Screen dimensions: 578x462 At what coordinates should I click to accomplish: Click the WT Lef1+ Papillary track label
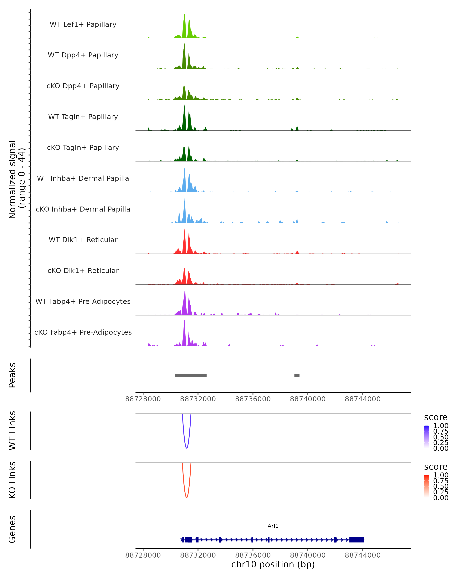(x=83, y=24)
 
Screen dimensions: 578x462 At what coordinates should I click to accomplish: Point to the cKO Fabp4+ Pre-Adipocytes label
(x=83, y=332)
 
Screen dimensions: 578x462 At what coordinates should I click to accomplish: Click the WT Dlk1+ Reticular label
(x=83, y=240)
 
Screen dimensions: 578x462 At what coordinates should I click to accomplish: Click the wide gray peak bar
(x=191, y=375)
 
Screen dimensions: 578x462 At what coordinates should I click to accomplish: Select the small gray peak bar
(x=297, y=375)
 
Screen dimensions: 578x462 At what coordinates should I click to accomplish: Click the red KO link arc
(x=187, y=497)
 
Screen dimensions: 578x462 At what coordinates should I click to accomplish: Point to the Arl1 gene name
(x=273, y=526)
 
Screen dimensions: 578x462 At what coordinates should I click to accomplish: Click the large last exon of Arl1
(x=357, y=540)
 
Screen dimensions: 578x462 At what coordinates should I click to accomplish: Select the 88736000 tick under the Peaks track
(x=253, y=399)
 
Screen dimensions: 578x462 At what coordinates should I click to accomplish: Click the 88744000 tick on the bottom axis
(x=363, y=555)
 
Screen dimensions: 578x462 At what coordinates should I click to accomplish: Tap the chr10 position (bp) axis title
(x=273, y=564)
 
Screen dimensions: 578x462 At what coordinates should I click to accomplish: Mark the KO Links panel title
(x=12, y=480)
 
